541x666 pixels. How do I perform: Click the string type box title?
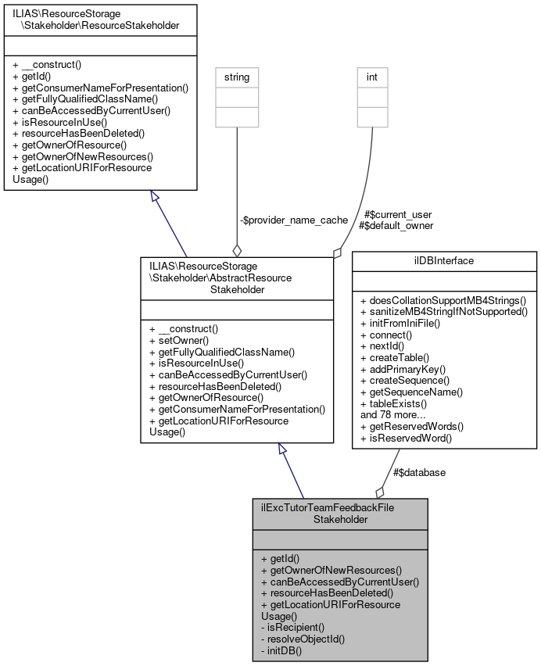point(236,77)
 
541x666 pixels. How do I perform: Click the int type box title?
point(372,77)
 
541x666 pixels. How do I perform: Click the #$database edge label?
point(419,472)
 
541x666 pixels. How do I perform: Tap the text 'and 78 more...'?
point(392,415)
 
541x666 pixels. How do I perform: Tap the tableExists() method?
point(397,403)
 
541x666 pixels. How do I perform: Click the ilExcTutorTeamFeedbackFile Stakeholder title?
point(339,513)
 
